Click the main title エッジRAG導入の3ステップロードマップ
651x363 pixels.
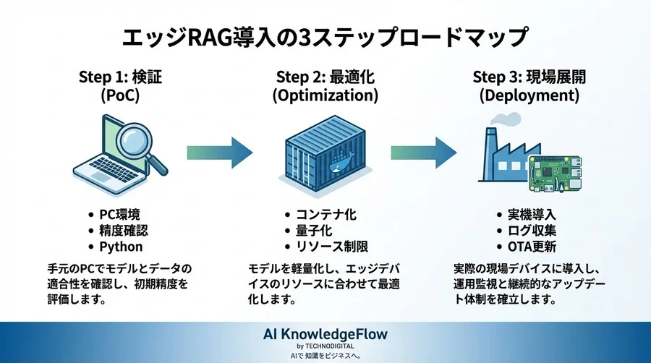(325, 36)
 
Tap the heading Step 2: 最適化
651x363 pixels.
(325, 77)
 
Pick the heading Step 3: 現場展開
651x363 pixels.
(526, 77)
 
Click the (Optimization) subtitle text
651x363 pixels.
(325, 95)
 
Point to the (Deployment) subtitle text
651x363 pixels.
(526, 95)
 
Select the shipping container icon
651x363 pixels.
(325, 153)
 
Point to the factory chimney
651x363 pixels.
(491, 139)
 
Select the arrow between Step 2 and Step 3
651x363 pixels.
(424, 152)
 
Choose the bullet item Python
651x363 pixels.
(121, 247)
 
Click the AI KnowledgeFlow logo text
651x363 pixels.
(325, 334)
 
